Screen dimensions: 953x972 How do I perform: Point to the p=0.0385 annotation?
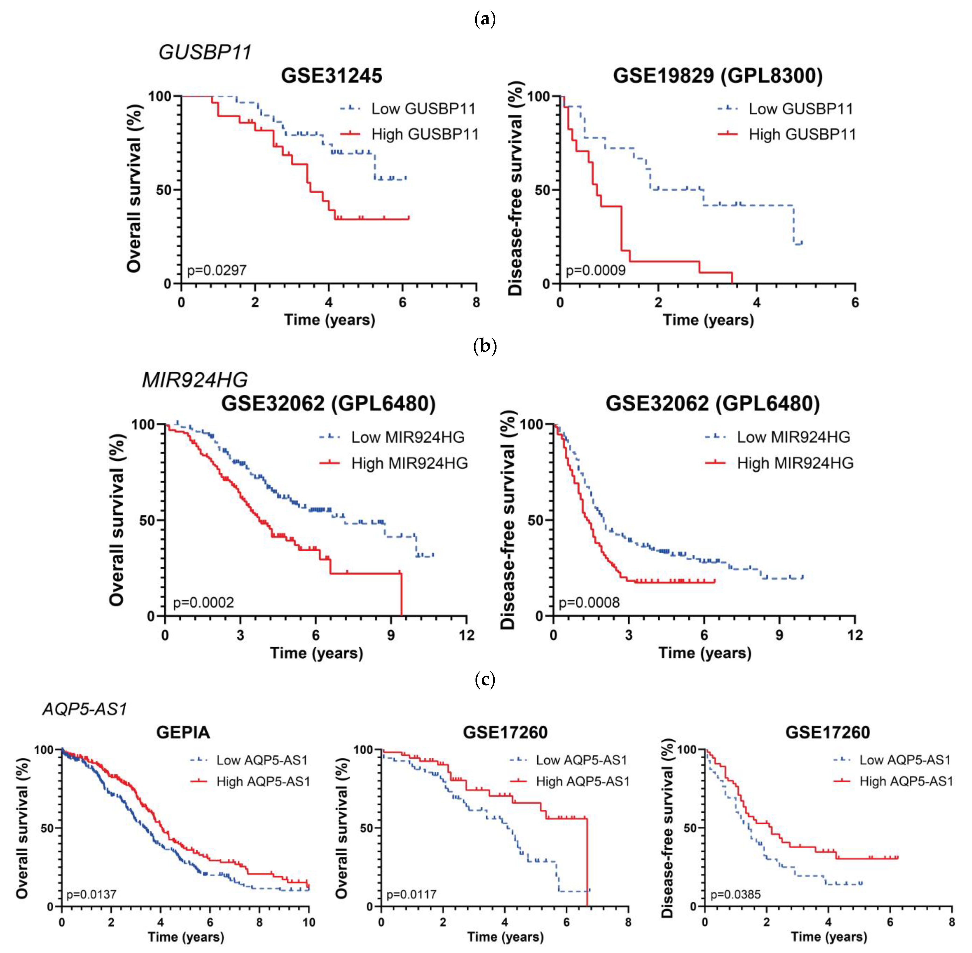tap(735, 894)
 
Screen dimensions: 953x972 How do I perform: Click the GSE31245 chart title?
tap(331, 76)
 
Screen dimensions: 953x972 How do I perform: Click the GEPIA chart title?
tap(183, 732)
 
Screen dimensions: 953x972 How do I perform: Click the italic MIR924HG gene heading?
tap(195, 380)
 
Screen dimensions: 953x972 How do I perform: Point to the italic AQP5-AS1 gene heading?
tap(85, 709)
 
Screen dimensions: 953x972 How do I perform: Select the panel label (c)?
tap(485, 680)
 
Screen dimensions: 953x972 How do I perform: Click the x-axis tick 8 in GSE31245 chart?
tap(476, 302)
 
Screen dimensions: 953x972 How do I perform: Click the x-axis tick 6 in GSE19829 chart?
tap(855, 302)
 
